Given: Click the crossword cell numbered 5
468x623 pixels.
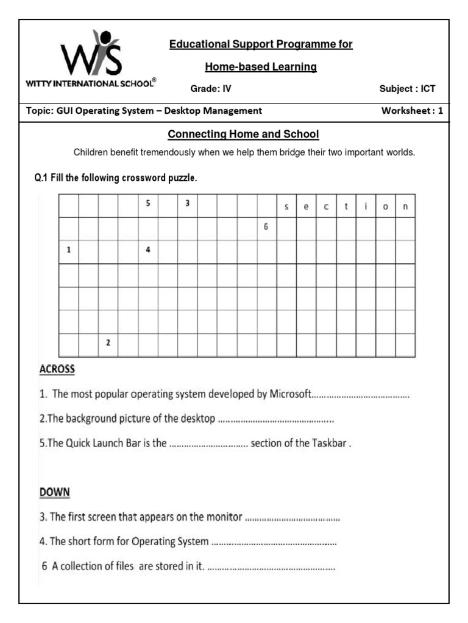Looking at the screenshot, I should tap(148, 206).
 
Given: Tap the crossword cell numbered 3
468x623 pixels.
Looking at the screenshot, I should tap(188, 206).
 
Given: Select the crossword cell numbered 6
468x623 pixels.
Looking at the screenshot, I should tap(266, 229).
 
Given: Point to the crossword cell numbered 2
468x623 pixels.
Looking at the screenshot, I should tap(108, 344).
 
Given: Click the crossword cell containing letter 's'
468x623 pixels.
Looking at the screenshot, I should tap(286, 206).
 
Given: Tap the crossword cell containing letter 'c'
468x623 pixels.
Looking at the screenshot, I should tap(326, 206).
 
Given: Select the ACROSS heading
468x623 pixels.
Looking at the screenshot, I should tap(57, 369).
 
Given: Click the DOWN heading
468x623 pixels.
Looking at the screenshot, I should tap(55, 492).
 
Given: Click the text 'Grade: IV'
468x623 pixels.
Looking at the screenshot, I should tap(211, 89).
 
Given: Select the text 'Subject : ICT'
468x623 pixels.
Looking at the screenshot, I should tap(407, 89).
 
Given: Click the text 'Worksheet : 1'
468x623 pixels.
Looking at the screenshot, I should tap(412, 111).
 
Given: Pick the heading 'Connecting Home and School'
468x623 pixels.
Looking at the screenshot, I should tap(243, 134).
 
